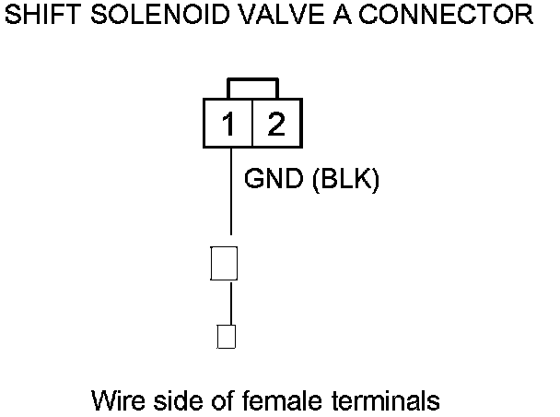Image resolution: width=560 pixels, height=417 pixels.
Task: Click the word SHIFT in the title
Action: [x=37, y=15]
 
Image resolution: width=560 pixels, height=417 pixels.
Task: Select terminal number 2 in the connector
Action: [x=275, y=123]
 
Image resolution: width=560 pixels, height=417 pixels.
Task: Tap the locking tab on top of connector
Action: [x=252, y=88]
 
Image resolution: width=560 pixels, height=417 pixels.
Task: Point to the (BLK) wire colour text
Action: [x=346, y=179]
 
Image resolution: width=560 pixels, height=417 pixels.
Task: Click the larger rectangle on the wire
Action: [x=225, y=263]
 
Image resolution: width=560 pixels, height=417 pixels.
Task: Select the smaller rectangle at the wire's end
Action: [x=226, y=336]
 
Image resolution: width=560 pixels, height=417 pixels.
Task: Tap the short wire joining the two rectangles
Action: [x=230, y=302]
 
